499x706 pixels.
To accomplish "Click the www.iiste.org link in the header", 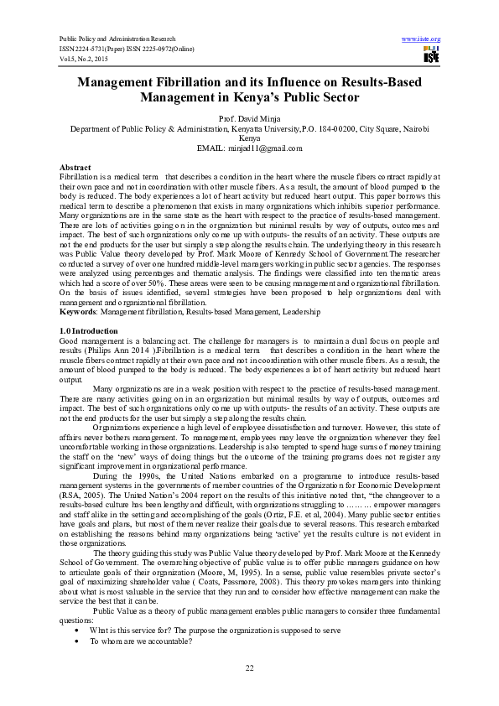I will pyautogui.click(x=421, y=39).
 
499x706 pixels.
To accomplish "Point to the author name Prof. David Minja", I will pyautogui.click(x=249, y=117).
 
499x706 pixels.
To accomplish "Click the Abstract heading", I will pyautogui.click(x=75, y=168).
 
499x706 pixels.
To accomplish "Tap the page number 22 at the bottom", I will pyautogui.click(x=249, y=667).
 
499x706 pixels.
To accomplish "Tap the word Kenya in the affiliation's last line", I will pyautogui.click(x=249, y=138).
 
